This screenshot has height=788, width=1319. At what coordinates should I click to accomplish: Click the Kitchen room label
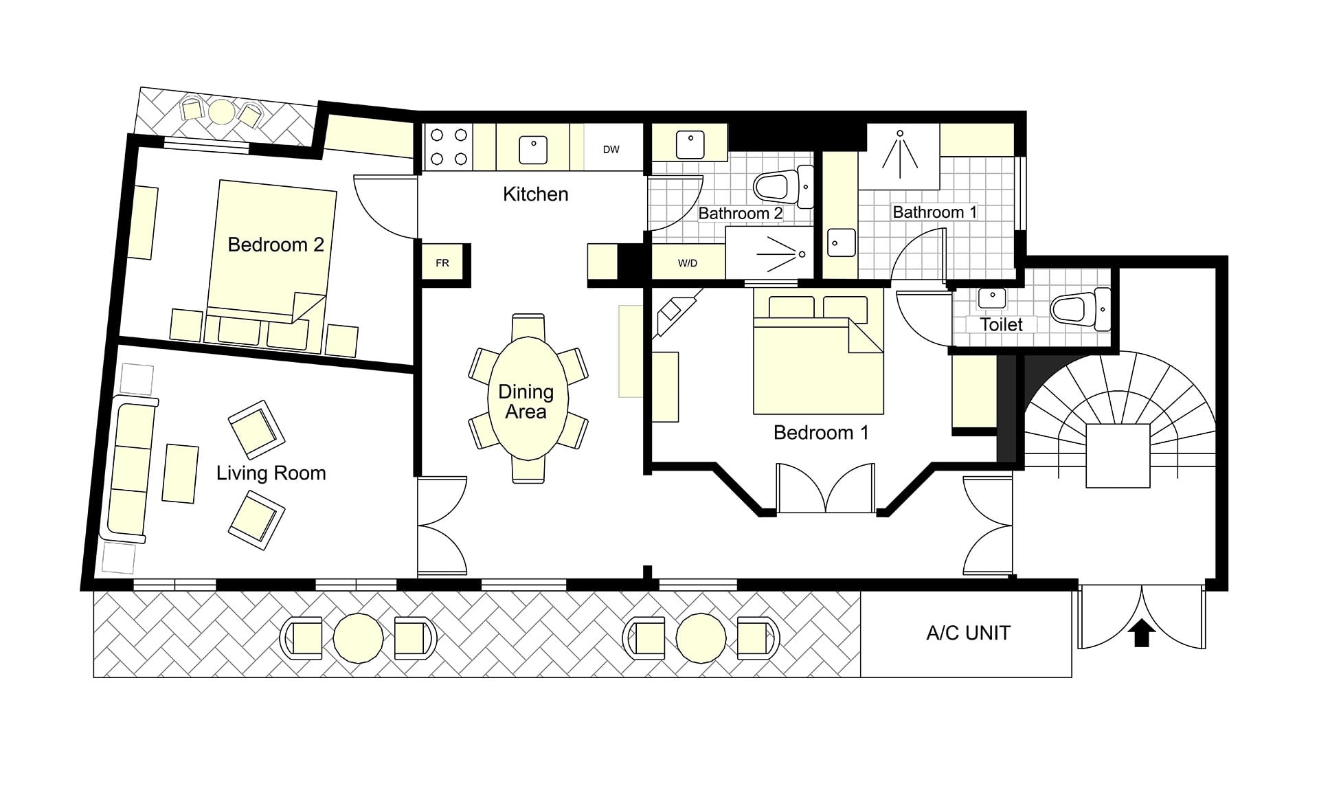[535, 194]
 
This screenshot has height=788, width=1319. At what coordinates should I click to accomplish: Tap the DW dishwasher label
[611, 149]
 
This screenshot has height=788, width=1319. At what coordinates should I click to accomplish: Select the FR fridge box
[442, 263]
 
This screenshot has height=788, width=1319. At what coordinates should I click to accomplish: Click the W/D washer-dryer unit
[688, 262]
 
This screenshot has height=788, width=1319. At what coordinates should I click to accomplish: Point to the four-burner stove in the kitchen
[449, 147]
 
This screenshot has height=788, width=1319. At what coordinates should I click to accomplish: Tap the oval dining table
[526, 399]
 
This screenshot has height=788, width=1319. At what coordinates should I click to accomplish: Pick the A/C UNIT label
[968, 633]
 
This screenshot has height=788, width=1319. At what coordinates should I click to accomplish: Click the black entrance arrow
[1141, 633]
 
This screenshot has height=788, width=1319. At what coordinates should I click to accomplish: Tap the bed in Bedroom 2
[272, 251]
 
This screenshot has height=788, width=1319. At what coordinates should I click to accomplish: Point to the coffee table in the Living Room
[181, 473]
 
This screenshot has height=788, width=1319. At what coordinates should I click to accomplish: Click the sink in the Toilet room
[991, 298]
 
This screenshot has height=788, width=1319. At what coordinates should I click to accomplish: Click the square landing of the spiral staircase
[1118, 456]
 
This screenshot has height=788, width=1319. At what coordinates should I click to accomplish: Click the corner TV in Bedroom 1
[676, 313]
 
